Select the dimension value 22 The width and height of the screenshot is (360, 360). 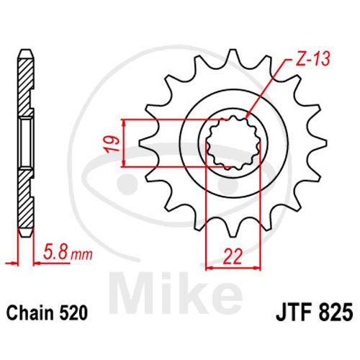coord(233,256)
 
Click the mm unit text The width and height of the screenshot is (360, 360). coord(81,255)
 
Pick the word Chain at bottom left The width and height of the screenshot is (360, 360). coord(30,312)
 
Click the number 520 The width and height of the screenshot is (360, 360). coord(73,312)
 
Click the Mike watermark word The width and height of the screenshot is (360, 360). coord(176,294)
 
